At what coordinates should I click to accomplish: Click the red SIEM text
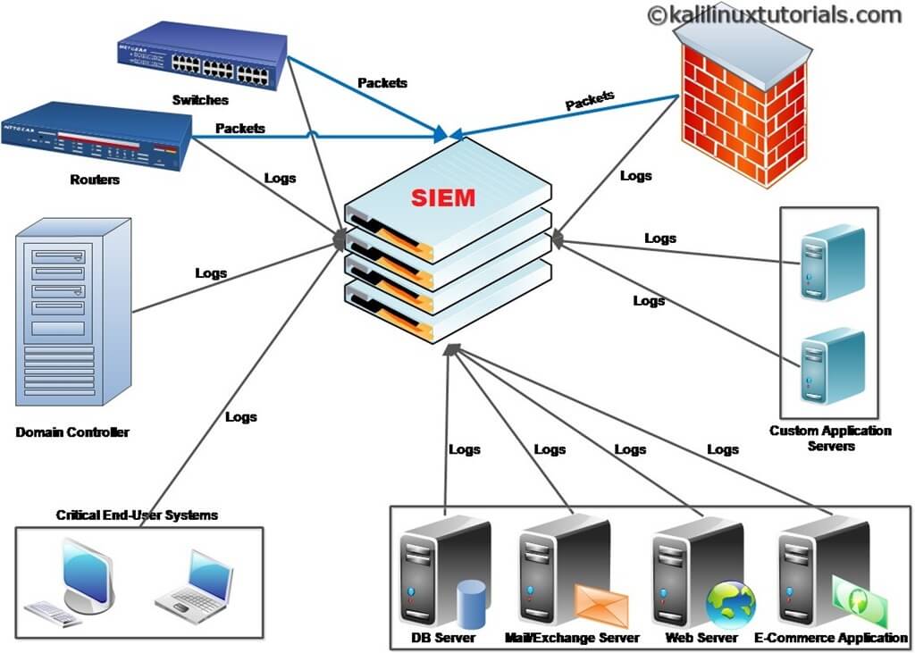click(443, 197)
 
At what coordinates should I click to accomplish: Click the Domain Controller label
click(72, 432)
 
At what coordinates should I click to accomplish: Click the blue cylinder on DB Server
click(470, 603)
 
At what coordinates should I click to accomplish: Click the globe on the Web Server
click(730, 605)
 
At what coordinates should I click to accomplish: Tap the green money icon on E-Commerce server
click(860, 599)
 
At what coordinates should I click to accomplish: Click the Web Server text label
click(701, 638)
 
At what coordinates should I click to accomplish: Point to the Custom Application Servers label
click(830, 438)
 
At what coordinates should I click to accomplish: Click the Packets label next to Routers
click(240, 129)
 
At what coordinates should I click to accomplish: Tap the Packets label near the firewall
click(590, 100)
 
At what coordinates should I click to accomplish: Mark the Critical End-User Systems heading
click(137, 515)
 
